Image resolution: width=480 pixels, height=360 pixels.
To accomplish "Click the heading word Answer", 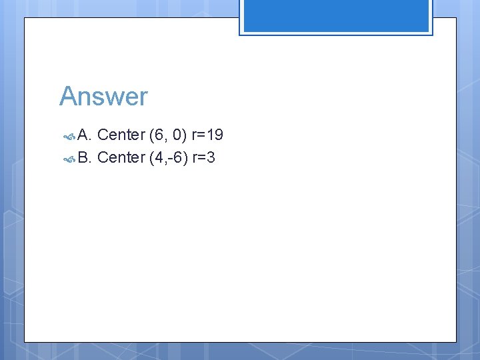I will (x=103, y=97).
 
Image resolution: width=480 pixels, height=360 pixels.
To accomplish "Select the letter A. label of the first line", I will (x=85, y=135).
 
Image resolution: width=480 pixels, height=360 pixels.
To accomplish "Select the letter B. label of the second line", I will (x=85, y=157).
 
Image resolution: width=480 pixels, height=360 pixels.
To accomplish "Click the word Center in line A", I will (x=121, y=135).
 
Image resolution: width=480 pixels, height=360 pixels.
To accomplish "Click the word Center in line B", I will (x=121, y=157).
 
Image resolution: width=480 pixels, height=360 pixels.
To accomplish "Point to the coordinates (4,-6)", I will (x=168, y=157).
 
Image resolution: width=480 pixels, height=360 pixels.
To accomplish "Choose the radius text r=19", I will (x=207, y=135).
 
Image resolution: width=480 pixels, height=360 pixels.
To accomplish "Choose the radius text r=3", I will (x=203, y=157).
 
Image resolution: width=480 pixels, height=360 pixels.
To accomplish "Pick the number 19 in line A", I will (x=215, y=135).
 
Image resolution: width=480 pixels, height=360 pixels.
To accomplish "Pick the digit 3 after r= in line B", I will (x=211, y=157).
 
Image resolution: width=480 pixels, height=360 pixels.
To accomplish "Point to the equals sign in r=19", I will (x=201, y=136).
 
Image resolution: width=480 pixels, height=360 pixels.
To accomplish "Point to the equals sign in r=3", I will (x=201, y=158).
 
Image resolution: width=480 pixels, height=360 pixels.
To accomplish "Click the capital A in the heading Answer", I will (x=68, y=97).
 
